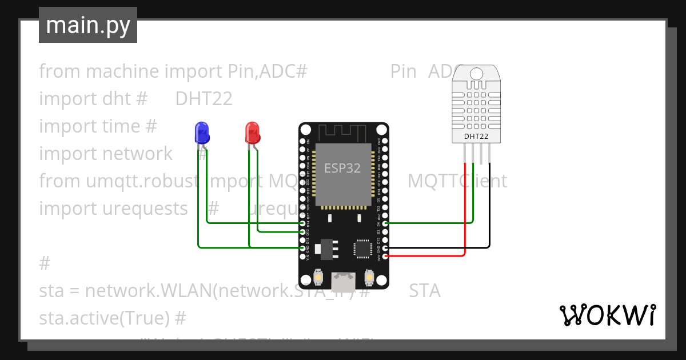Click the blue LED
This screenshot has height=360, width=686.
tap(201, 133)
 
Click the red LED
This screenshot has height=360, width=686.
tap(252, 133)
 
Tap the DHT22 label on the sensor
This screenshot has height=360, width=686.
tap(476, 137)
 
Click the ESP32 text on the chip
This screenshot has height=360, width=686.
tap(342, 168)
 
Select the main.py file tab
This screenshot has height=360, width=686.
tap(88, 25)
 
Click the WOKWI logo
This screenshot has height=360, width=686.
tap(607, 315)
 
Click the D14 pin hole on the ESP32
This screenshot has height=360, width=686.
tap(302, 223)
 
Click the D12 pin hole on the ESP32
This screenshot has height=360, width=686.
tap(302, 231)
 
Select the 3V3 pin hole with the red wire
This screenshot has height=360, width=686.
tap(385, 257)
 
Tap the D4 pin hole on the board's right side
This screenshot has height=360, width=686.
tap(385, 223)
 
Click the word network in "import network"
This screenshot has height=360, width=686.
tap(137, 154)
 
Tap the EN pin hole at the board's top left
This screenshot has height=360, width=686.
tap(302, 141)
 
